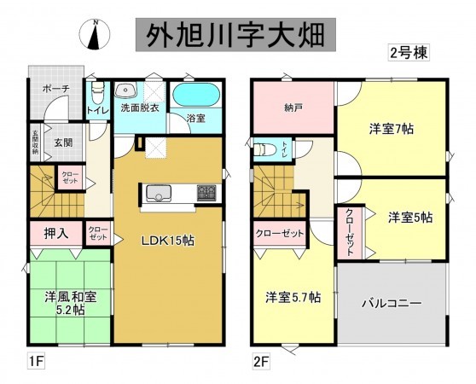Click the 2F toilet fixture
coord(265,148)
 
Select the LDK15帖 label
coord(167,241)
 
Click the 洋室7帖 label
coord(392,130)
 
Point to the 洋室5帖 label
coord(410,217)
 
